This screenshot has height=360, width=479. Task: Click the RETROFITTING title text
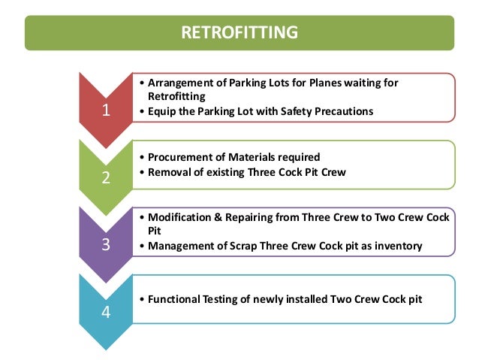[240, 32]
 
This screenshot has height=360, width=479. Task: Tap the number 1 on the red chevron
[106, 111]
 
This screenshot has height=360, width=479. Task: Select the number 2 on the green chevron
[106, 179]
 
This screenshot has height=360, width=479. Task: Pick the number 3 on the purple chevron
[106, 246]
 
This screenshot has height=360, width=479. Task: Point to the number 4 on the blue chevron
[106, 313]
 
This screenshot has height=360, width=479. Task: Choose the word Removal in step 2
[169, 171]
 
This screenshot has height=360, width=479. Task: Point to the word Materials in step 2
[251, 157]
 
